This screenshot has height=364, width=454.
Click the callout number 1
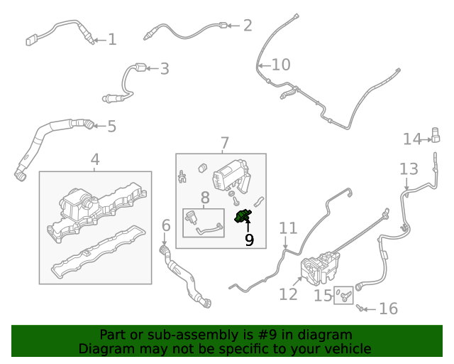pyautogui.click(x=111, y=40)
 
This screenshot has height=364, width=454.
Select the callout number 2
pyautogui.click(x=247, y=26)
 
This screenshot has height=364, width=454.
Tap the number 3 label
pyautogui.click(x=164, y=69)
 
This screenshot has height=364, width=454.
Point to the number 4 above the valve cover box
pyautogui.click(x=95, y=161)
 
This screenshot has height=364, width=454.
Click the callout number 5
pyautogui.click(x=111, y=127)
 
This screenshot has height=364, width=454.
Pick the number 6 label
pyautogui.click(x=166, y=226)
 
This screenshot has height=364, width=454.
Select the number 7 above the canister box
pyautogui.click(x=224, y=143)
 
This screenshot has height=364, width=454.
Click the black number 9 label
pyautogui.click(x=249, y=240)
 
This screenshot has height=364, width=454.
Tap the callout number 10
pyautogui.click(x=281, y=65)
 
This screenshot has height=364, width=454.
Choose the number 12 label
pyautogui.click(x=288, y=293)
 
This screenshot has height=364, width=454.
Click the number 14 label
pyautogui.click(x=412, y=139)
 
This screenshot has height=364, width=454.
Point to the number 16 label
pyautogui.click(x=388, y=309)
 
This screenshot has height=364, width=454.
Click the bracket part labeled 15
pyautogui.click(x=345, y=294)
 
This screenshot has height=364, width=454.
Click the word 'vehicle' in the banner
pyautogui.click(x=348, y=348)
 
